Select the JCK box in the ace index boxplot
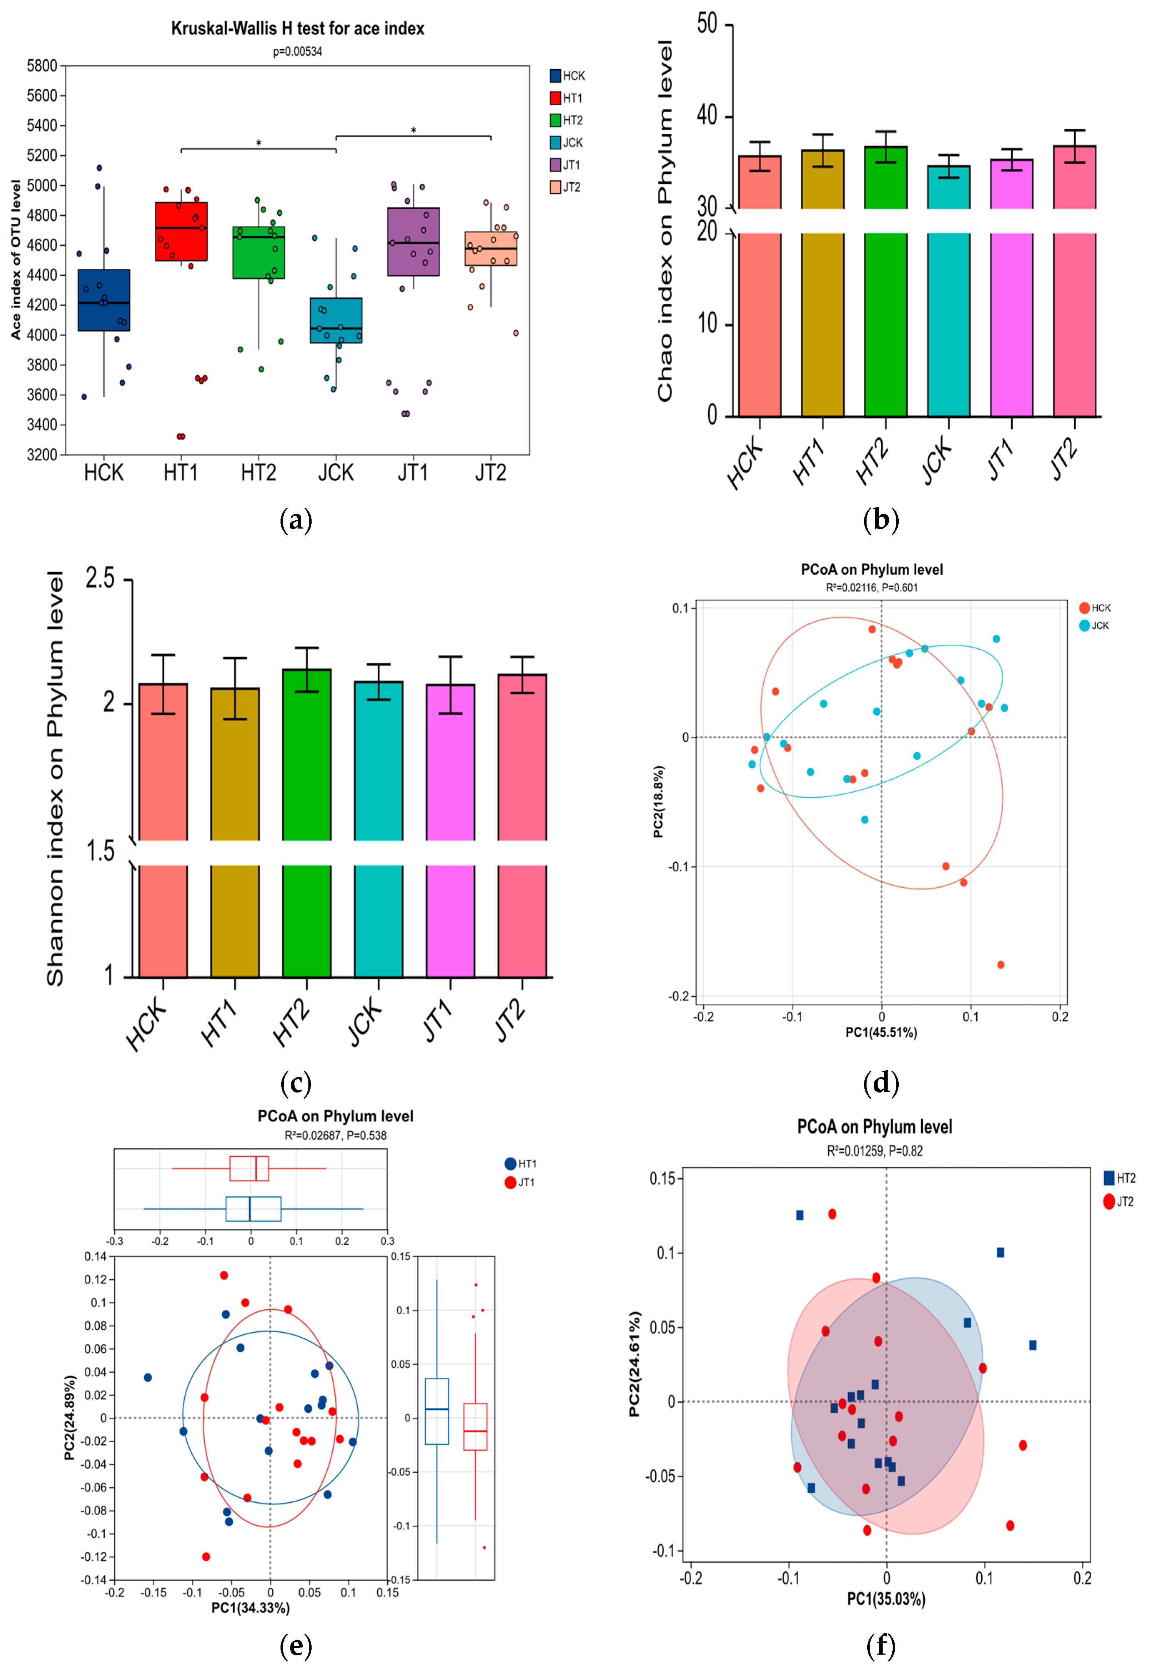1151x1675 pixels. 336,320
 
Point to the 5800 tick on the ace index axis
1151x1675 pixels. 42,66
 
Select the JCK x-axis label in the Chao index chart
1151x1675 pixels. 938,461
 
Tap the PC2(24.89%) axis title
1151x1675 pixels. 70,1418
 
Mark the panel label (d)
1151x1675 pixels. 880,1083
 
